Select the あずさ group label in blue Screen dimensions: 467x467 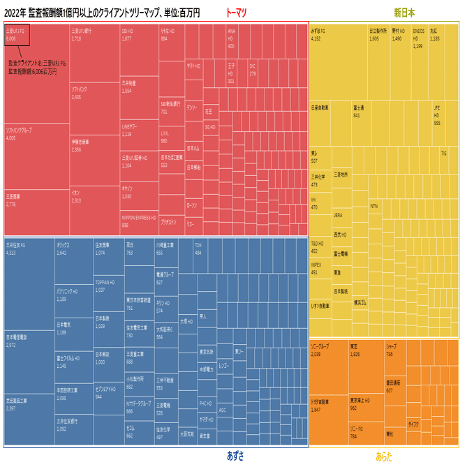(x=235, y=456)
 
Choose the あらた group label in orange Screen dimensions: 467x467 (x=384, y=456)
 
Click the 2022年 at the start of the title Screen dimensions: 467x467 (x=15, y=13)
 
